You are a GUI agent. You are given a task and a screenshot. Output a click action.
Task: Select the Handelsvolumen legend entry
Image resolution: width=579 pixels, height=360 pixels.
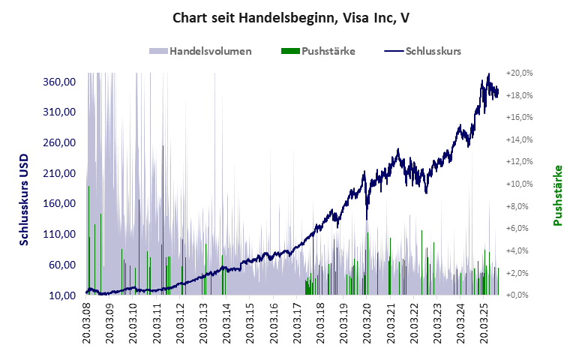(200, 52)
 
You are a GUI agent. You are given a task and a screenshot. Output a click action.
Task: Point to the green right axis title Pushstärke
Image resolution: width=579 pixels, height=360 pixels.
(558, 196)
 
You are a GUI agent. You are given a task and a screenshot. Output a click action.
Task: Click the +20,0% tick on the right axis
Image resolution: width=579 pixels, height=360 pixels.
(519, 73)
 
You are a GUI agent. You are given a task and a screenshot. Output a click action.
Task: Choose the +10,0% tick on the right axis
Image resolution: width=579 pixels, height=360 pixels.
(519, 184)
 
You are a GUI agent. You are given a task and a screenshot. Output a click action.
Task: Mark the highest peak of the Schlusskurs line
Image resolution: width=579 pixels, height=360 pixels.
(488, 74)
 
